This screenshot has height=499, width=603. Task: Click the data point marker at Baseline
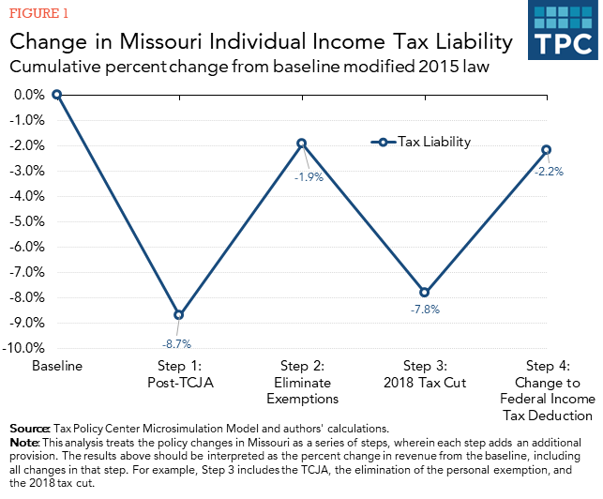point(57,94)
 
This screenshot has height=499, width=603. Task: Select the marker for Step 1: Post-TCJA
point(178,314)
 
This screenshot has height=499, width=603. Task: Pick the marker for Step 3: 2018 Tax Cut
point(424,292)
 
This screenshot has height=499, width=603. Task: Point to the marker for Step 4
point(546,150)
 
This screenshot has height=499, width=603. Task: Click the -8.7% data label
point(178,343)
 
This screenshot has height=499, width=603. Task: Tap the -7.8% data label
point(424,308)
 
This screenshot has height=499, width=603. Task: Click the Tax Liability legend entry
point(422,143)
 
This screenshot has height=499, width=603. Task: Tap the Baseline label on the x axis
point(57,366)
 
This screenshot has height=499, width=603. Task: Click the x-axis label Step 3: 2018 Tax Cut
point(424,374)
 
